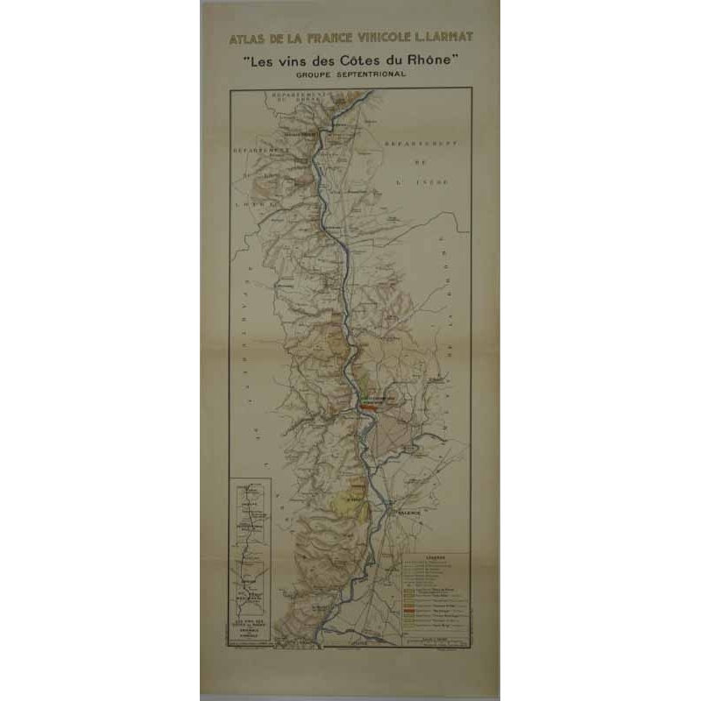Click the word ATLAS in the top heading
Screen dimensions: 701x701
coord(245,39)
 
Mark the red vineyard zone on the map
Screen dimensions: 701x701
coord(369,407)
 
